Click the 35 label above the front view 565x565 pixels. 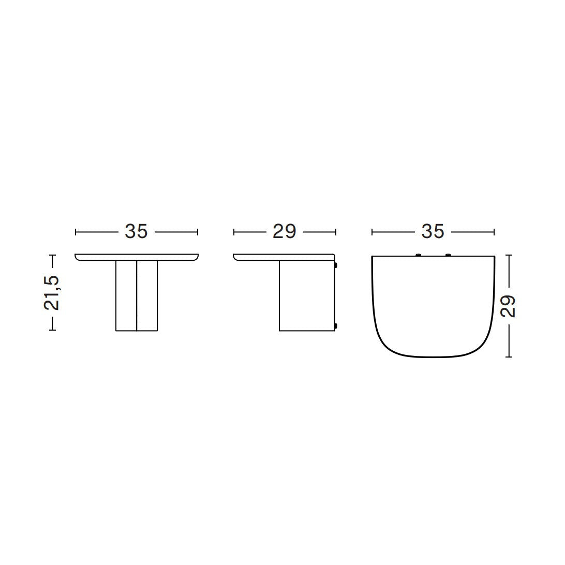(136, 231)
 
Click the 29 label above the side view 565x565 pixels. (284, 231)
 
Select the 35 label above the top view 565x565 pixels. (433, 231)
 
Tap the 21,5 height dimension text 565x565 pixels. (52, 293)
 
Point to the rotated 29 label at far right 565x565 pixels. (508, 306)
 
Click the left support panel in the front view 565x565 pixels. (126, 295)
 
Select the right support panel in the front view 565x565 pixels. (147, 295)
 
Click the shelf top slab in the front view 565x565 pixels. (137, 257)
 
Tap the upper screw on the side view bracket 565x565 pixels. (336, 265)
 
